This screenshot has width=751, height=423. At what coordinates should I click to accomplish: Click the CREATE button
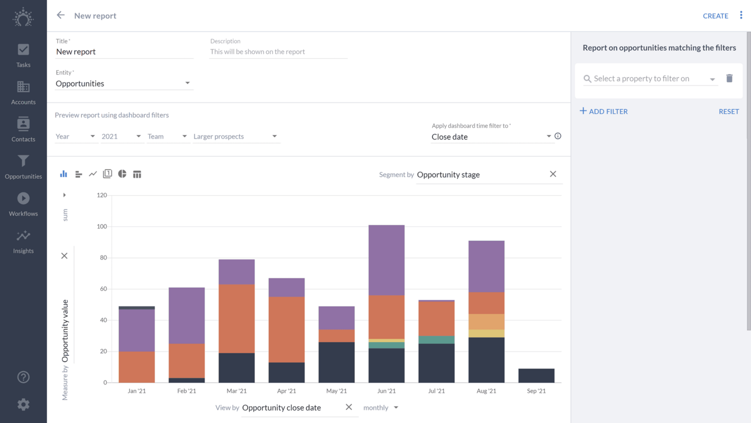point(715,16)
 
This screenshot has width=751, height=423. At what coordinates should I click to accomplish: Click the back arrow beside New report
point(61,15)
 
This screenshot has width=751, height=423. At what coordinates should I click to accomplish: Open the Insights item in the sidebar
point(23,242)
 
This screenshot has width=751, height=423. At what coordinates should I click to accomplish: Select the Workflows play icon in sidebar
point(23,198)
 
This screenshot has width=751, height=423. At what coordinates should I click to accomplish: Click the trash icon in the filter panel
point(729,78)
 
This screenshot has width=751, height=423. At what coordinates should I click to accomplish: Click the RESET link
point(728,112)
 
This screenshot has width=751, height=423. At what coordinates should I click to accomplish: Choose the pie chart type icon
point(122,174)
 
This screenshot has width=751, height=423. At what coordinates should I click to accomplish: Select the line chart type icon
point(93,174)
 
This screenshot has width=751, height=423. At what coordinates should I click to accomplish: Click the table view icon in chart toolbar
point(137,174)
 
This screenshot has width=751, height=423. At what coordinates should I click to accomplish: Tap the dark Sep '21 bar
point(536,375)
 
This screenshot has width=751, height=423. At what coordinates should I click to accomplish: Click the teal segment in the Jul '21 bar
point(436,340)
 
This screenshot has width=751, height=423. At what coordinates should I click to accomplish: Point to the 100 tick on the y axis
point(101,227)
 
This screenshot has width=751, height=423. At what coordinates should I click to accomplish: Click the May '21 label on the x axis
point(336,391)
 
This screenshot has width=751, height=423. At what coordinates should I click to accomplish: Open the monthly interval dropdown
point(381,408)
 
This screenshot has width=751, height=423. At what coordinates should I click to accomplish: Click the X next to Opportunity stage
point(553,174)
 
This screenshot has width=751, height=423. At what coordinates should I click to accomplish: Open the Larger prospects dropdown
point(235,136)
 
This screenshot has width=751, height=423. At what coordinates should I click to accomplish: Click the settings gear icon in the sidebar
point(23,404)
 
